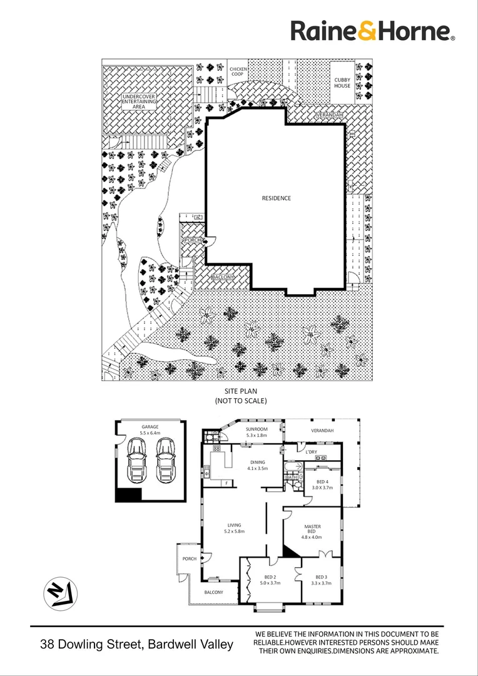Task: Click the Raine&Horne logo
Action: [x=373, y=31]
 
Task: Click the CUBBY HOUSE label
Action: [x=342, y=83]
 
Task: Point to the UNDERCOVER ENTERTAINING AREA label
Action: [x=139, y=101]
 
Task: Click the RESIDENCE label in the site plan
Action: [x=276, y=198]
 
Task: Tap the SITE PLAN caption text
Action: [x=241, y=395]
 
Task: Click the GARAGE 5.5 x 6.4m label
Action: [x=150, y=429]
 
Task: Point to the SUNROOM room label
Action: [x=257, y=432]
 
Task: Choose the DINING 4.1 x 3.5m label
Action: [x=257, y=465]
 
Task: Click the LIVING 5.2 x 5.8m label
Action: [x=234, y=528]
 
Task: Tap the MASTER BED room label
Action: [x=312, y=531]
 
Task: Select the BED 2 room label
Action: [x=270, y=580]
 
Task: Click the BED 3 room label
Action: [x=321, y=580]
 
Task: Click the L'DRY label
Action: [x=310, y=451]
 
